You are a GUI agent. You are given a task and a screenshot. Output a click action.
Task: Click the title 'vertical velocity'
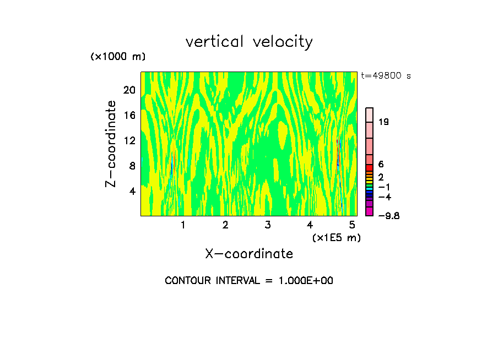click(x=249, y=42)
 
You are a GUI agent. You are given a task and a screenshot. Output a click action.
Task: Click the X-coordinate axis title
click(x=249, y=253)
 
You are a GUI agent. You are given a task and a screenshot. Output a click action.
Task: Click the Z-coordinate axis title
click(x=111, y=144)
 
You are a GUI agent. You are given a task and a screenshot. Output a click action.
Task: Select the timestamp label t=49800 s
click(x=386, y=76)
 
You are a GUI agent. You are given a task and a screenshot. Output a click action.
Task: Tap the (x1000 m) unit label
click(x=117, y=57)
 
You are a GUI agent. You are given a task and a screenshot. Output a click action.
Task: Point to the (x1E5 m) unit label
click(x=336, y=237)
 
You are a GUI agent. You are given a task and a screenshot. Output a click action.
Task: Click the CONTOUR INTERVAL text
click(x=249, y=280)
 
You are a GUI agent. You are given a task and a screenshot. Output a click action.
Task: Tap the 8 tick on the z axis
click(x=132, y=165)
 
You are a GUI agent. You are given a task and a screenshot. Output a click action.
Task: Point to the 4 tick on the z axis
click(x=132, y=191)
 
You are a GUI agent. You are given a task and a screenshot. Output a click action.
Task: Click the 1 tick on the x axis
click(x=183, y=225)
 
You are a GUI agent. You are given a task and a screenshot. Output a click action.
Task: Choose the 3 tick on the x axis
click(x=268, y=225)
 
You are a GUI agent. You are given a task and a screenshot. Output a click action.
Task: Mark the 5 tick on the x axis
click(x=352, y=225)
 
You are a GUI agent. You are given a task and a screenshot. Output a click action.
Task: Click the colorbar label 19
click(x=384, y=122)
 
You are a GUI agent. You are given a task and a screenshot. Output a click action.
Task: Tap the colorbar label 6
click(x=381, y=165)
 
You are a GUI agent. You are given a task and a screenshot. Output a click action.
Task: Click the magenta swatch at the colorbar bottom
click(x=370, y=211)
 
